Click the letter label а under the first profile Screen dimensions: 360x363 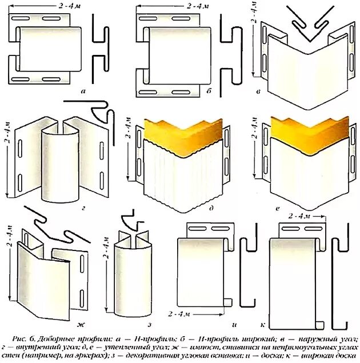tap(84, 90)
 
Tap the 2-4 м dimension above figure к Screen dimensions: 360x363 tap(299, 217)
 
